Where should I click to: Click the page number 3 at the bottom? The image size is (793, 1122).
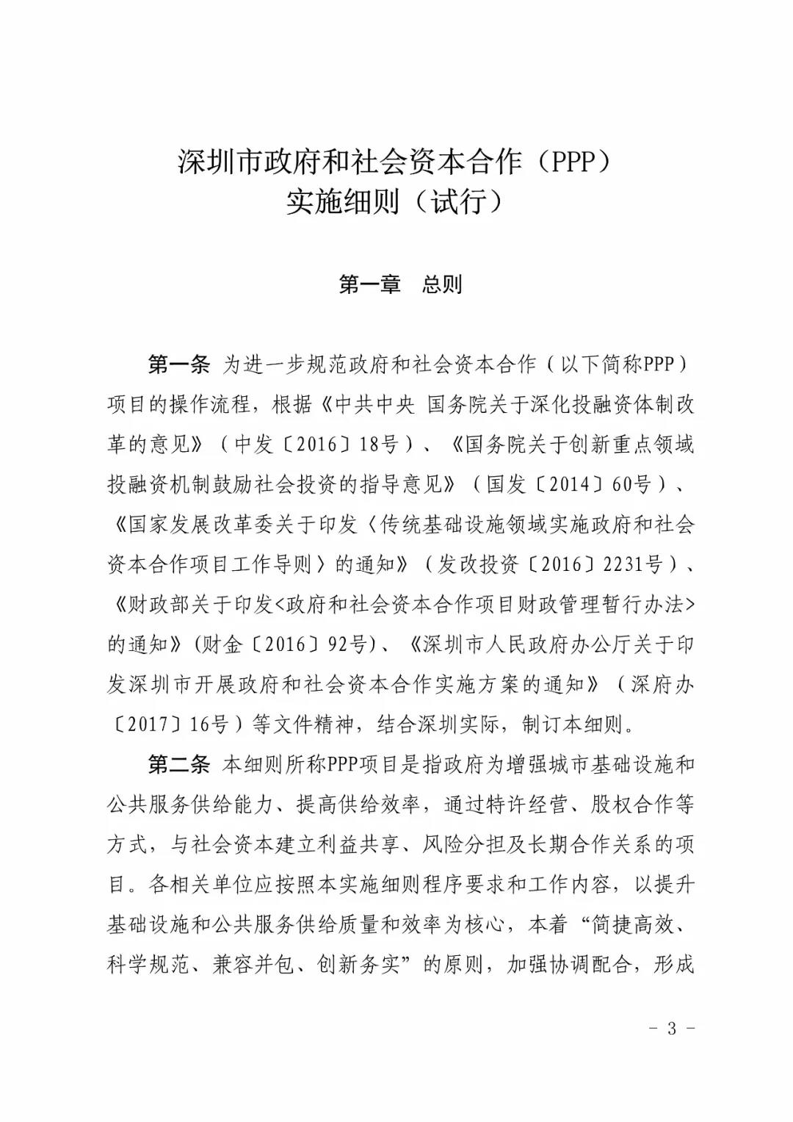(671, 1028)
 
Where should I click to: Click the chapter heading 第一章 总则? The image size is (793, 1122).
(400, 284)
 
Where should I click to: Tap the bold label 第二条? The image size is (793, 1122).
(179, 765)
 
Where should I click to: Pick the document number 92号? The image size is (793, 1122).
(348, 644)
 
